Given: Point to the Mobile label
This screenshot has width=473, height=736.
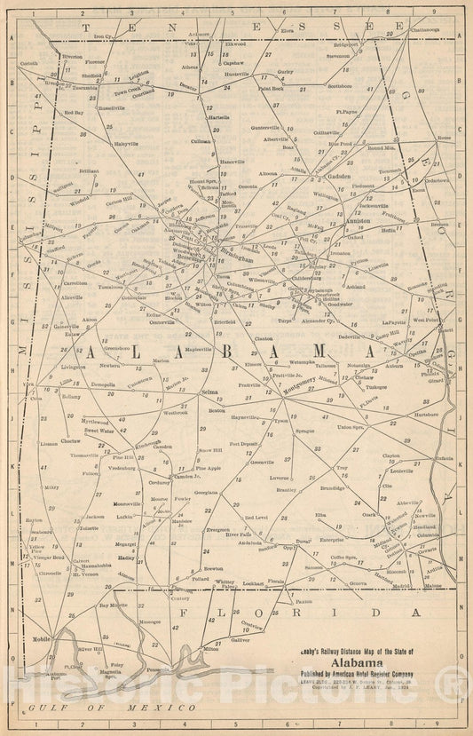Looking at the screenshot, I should pos(41,637).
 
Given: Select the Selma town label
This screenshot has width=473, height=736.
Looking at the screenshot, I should pos(210,391).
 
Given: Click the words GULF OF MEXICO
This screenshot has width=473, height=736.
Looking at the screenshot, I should pos(111,707).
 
